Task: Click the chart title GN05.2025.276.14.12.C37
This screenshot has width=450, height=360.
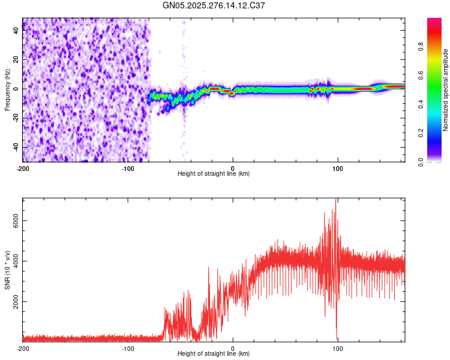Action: (214, 5)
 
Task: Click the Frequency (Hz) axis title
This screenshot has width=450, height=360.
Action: (7, 90)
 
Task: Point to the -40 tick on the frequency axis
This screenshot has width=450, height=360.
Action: (16, 147)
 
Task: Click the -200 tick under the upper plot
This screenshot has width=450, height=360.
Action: (23, 167)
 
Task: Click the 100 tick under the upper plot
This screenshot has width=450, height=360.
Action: (338, 167)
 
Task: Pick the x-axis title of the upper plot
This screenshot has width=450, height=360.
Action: (214, 174)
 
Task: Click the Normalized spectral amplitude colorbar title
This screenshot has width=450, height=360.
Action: (445, 90)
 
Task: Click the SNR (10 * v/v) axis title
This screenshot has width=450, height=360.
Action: (7, 269)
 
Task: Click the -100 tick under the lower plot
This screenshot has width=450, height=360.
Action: (128, 348)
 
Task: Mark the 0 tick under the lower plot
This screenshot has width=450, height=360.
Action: (233, 348)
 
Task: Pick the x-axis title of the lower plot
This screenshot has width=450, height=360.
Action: (214, 355)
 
